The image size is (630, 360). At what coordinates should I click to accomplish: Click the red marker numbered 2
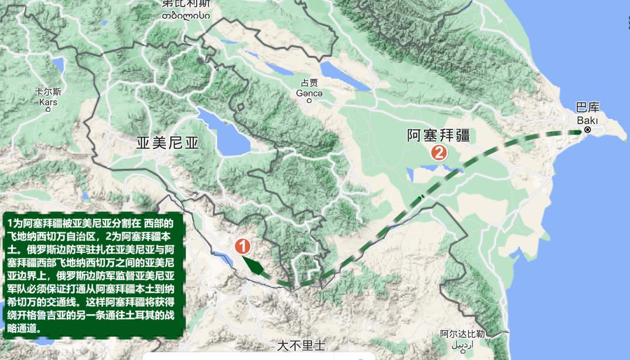coord(439,153)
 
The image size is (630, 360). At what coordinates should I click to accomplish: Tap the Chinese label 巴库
coord(587,108)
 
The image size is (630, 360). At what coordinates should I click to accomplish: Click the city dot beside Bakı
coord(588,130)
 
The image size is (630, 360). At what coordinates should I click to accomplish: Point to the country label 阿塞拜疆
coord(439,135)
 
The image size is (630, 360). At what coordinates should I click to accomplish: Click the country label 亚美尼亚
coord(167,143)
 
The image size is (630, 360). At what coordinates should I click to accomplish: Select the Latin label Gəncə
coord(309,92)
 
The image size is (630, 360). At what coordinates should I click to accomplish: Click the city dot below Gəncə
coord(309,101)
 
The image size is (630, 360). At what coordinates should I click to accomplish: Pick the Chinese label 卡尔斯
coord(48,92)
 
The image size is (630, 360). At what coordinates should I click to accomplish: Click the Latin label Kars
coord(48,102)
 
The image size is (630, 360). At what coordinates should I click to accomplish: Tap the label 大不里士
coord(301,345)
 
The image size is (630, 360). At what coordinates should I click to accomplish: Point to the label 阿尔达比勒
coord(462,334)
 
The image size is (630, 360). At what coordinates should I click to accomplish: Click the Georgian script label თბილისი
coord(186,15)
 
